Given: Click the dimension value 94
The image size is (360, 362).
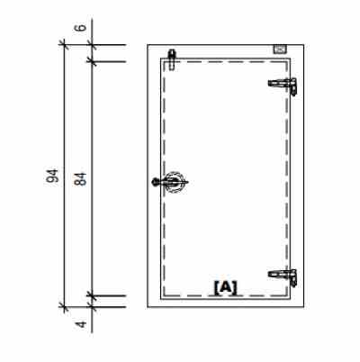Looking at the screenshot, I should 53,175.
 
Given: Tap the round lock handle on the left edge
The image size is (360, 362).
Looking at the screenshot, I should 171,181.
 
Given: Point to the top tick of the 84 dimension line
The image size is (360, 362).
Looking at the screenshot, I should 91,60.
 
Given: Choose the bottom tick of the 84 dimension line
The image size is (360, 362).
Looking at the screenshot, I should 91,294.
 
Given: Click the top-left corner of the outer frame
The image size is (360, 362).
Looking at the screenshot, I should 148,43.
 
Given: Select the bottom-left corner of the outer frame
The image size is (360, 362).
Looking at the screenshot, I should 148,306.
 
